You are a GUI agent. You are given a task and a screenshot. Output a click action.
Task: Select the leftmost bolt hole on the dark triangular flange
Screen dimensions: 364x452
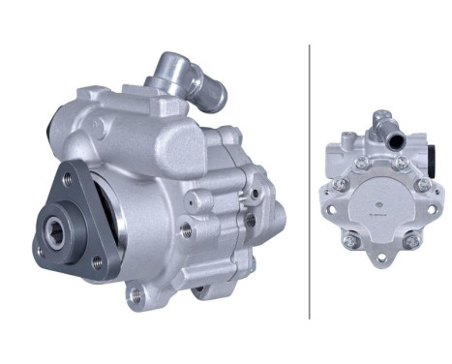click(x=40, y=254)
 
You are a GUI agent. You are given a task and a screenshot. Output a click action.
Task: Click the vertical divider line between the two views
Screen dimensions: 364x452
click(x=309, y=179)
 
